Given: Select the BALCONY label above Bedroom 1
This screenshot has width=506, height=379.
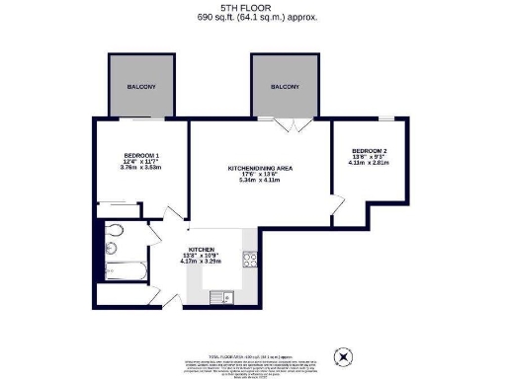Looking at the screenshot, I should click(x=140, y=87).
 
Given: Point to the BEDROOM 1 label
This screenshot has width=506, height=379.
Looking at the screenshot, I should click(x=141, y=156).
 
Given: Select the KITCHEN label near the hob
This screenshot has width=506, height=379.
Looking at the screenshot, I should click(x=203, y=250).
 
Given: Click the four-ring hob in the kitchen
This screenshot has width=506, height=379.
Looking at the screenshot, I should click(x=249, y=262).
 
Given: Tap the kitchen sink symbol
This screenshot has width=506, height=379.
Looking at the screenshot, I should click(x=226, y=294).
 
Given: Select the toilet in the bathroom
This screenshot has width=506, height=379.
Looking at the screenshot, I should click(x=114, y=232).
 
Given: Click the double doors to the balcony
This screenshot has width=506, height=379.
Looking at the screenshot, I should click(x=291, y=125).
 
